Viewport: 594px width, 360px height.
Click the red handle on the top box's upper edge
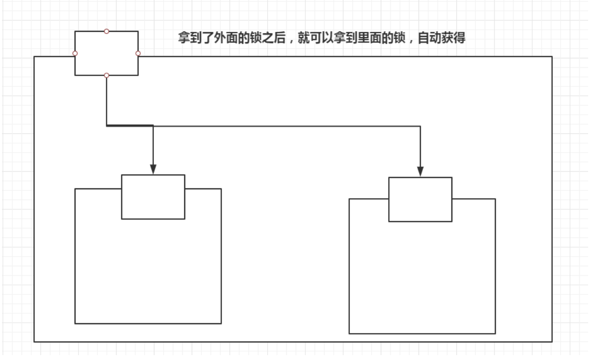[106, 31]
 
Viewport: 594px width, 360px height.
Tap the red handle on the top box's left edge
[75, 53]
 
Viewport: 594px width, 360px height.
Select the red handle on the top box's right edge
[138, 53]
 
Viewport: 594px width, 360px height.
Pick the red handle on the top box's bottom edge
[106, 75]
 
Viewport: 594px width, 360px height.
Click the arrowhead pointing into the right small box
[421, 171]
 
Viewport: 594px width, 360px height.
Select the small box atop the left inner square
[153, 197]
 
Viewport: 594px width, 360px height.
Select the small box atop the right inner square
[421, 200]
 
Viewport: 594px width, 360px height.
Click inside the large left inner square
[148, 270]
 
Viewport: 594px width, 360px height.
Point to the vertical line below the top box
[106, 101]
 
